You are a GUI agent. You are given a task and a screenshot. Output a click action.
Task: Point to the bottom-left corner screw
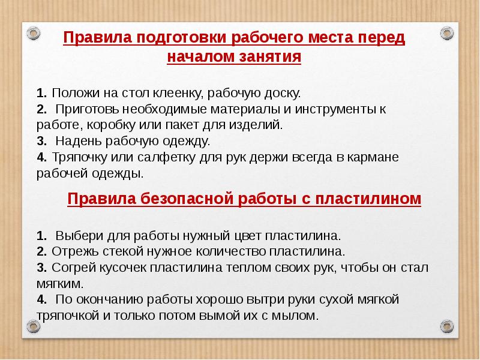(34, 327)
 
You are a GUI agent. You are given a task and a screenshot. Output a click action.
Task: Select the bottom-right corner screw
(446, 327)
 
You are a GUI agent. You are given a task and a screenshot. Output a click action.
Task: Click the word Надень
(77, 142)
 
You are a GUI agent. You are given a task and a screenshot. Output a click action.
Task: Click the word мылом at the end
(296, 315)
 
